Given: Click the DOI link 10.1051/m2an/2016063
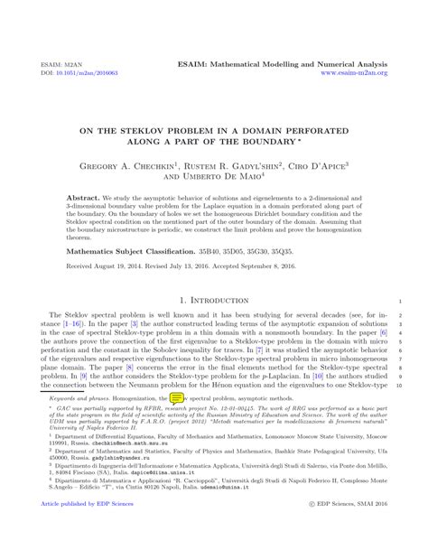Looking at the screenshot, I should click(x=73, y=73).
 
